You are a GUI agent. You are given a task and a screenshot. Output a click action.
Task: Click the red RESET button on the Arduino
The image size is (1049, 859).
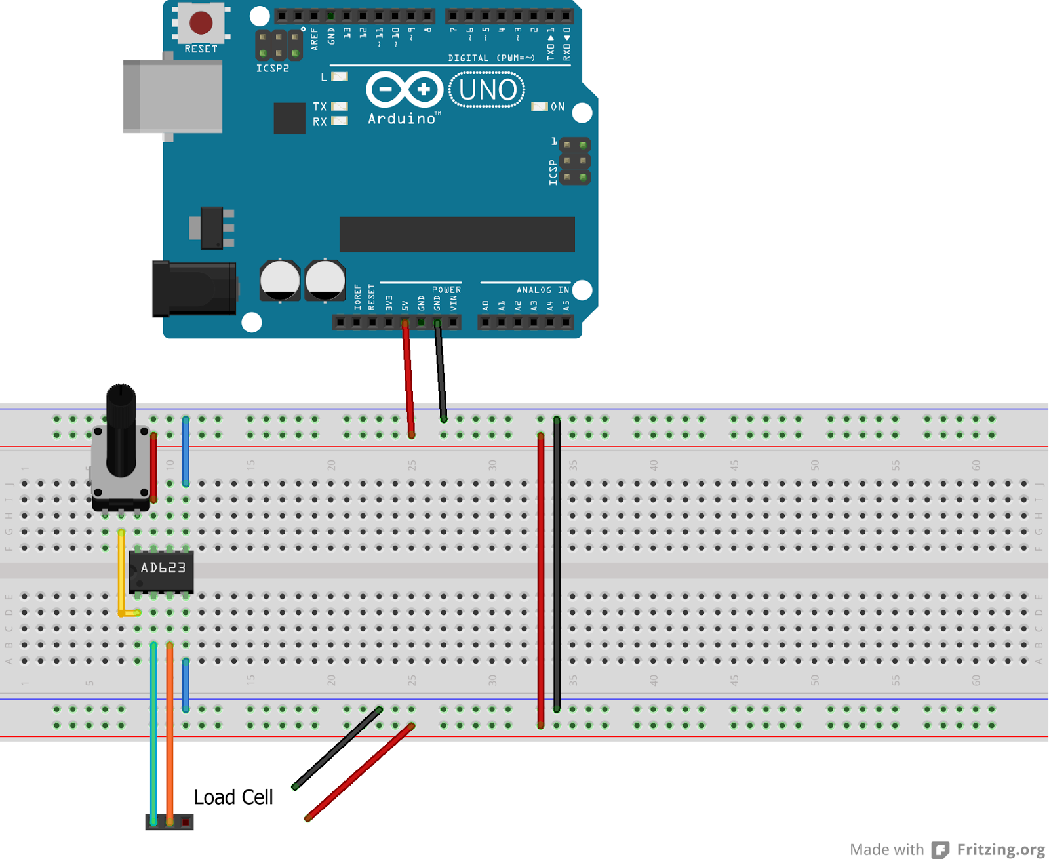(201, 23)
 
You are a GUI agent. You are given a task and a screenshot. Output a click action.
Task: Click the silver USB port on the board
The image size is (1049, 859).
(173, 97)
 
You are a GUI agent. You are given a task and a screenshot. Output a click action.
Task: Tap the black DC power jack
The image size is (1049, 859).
(194, 289)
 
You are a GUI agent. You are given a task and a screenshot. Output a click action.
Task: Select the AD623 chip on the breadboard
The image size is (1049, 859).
(162, 570)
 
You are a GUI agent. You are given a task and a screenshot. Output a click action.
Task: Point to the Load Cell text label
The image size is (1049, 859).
(233, 797)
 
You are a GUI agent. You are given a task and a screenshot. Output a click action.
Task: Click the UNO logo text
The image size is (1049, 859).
(487, 90)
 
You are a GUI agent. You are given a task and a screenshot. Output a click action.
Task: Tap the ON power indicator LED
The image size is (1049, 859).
(540, 107)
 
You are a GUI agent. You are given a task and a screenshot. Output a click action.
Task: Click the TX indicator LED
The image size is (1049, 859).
(340, 106)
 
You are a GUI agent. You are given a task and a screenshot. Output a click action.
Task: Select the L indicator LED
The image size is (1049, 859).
(340, 77)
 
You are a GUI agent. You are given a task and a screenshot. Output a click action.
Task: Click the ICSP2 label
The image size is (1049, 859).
(272, 68)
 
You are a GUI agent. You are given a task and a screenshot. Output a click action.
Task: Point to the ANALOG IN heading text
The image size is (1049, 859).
(542, 290)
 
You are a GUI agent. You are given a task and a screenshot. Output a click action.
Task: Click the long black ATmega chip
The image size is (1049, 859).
(457, 234)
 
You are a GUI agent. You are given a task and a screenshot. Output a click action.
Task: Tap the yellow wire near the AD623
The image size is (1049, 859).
(121, 570)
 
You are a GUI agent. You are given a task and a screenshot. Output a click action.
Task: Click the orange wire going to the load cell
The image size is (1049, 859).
(170, 734)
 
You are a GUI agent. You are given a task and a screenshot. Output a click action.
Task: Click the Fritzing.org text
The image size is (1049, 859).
(1000, 849)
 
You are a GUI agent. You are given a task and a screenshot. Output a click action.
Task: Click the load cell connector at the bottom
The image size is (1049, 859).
(169, 822)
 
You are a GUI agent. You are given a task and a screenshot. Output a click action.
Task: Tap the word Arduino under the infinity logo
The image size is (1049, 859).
(401, 119)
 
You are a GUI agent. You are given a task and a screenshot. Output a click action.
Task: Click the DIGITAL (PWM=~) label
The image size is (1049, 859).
(491, 58)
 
